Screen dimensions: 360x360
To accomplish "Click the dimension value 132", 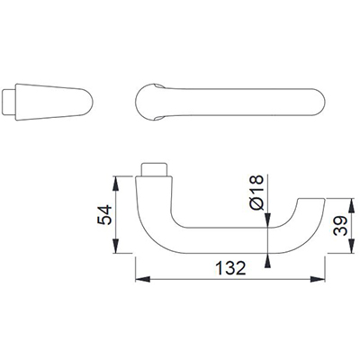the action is pyautogui.click(x=230, y=268).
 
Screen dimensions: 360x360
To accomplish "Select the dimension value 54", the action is pyautogui.click(x=104, y=215).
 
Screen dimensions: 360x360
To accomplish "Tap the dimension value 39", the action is pyautogui.click(x=340, y=226).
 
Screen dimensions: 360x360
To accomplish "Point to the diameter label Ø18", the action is pyautogui.click(x=256, y=193).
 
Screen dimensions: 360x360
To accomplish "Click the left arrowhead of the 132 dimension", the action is pyautogui.click(x=143, y=279).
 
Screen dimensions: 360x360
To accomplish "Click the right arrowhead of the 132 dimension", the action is pyautogui.click(x=318, y=279).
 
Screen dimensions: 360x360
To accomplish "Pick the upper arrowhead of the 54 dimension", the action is pyautogui.click(x=116, y=184).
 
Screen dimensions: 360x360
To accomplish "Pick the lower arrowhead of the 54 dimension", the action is pyautogui.click(x=116, y=246).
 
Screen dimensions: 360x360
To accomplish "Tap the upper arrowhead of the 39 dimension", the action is pyautogui.click(x=350, y=205).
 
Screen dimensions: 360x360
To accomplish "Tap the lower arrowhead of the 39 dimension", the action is pyautogui.click(x=350, y=246).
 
